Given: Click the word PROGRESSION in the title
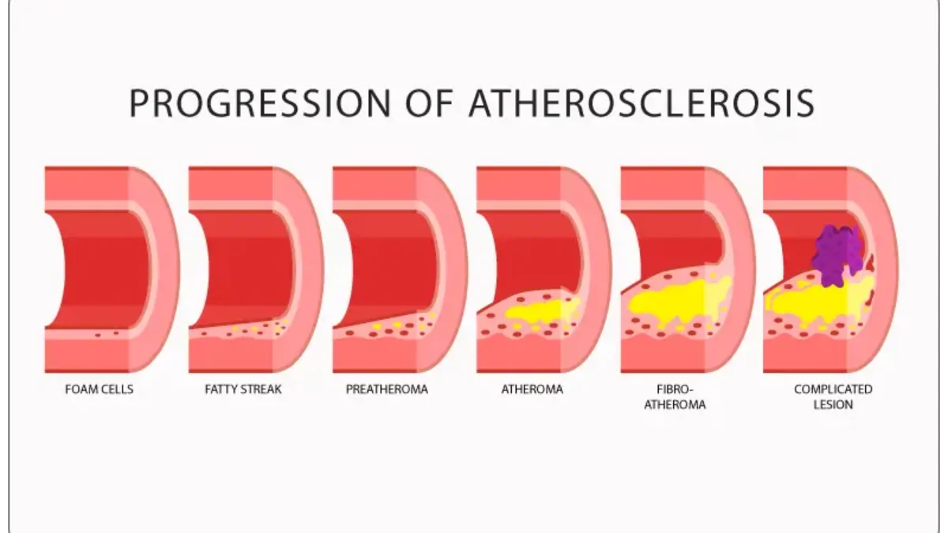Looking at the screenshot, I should click(x=259, y=103).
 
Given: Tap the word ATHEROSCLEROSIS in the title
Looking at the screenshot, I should click(x=642, y=103).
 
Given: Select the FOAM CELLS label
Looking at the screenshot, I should click(x=99, y=389).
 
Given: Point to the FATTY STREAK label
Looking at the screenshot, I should click(x=243, y=389).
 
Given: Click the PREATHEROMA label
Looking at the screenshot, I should click(x=387, y=389).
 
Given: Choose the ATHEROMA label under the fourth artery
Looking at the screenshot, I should click(x=532, y=389).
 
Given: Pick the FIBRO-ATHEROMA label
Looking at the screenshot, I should click(x=675, y=396).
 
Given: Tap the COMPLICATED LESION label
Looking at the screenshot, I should click(x=833, y=396).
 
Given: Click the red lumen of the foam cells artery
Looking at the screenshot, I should click(x=99, y=268).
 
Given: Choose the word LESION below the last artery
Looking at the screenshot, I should click(x=833, y=404).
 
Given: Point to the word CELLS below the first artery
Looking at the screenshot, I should click(x=117, y=389).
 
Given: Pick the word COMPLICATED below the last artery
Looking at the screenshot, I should click(x=833, y=389).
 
